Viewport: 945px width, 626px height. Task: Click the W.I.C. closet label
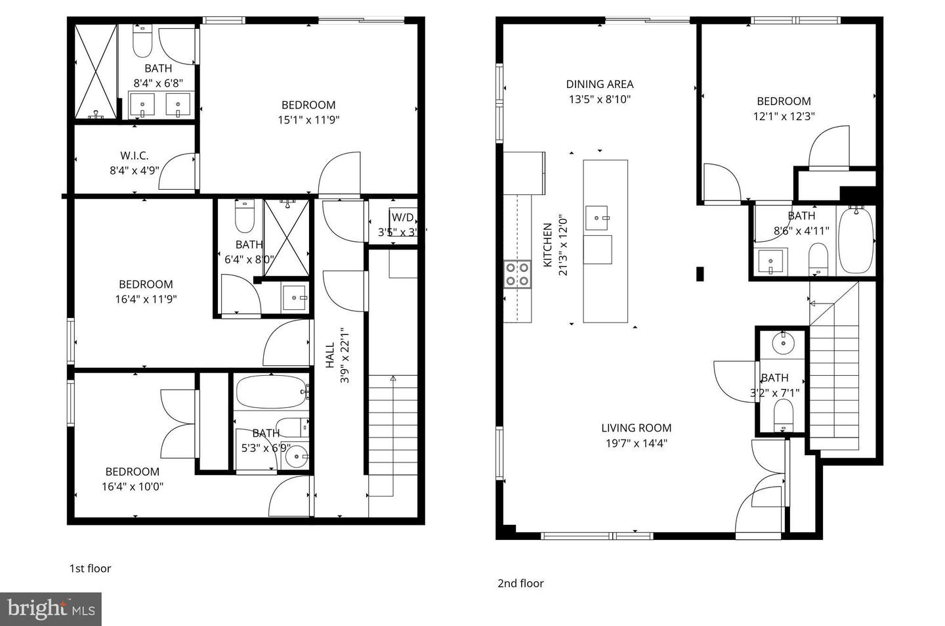click(x=134, y=156)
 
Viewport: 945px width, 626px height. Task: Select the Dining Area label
click(x=600, y=84)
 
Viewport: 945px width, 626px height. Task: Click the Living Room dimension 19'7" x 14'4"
click(x=636, y=443)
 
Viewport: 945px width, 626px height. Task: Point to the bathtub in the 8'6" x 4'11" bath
click(x=856, y=240)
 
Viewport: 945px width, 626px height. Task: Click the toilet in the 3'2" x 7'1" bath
click(x=783, y=414)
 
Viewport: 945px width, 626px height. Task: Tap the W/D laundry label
click(x=402, y=217)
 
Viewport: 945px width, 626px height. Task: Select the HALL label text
click(x=331, y=355)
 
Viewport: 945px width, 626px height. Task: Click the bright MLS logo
click(x=51, y=609)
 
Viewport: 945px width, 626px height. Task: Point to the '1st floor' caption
click(x=90, y=568)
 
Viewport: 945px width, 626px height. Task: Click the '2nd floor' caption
click(x=520, y=583)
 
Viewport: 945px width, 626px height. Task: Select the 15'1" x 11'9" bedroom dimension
click(x=308, y=120)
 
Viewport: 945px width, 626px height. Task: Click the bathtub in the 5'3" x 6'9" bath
click(x=270, y=392)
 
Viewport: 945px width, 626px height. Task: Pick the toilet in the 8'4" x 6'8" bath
click(x=142, y=42)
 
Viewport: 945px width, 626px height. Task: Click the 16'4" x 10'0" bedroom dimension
click(x=133, y=487)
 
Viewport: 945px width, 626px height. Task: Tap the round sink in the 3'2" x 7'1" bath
click(x=782, y=342)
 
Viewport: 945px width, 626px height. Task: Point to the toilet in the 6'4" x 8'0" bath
click(x=244, y=217)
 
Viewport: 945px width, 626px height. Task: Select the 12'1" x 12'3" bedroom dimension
click(x=784, y=116)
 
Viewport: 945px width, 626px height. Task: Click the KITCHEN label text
click(x=547, y=245)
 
